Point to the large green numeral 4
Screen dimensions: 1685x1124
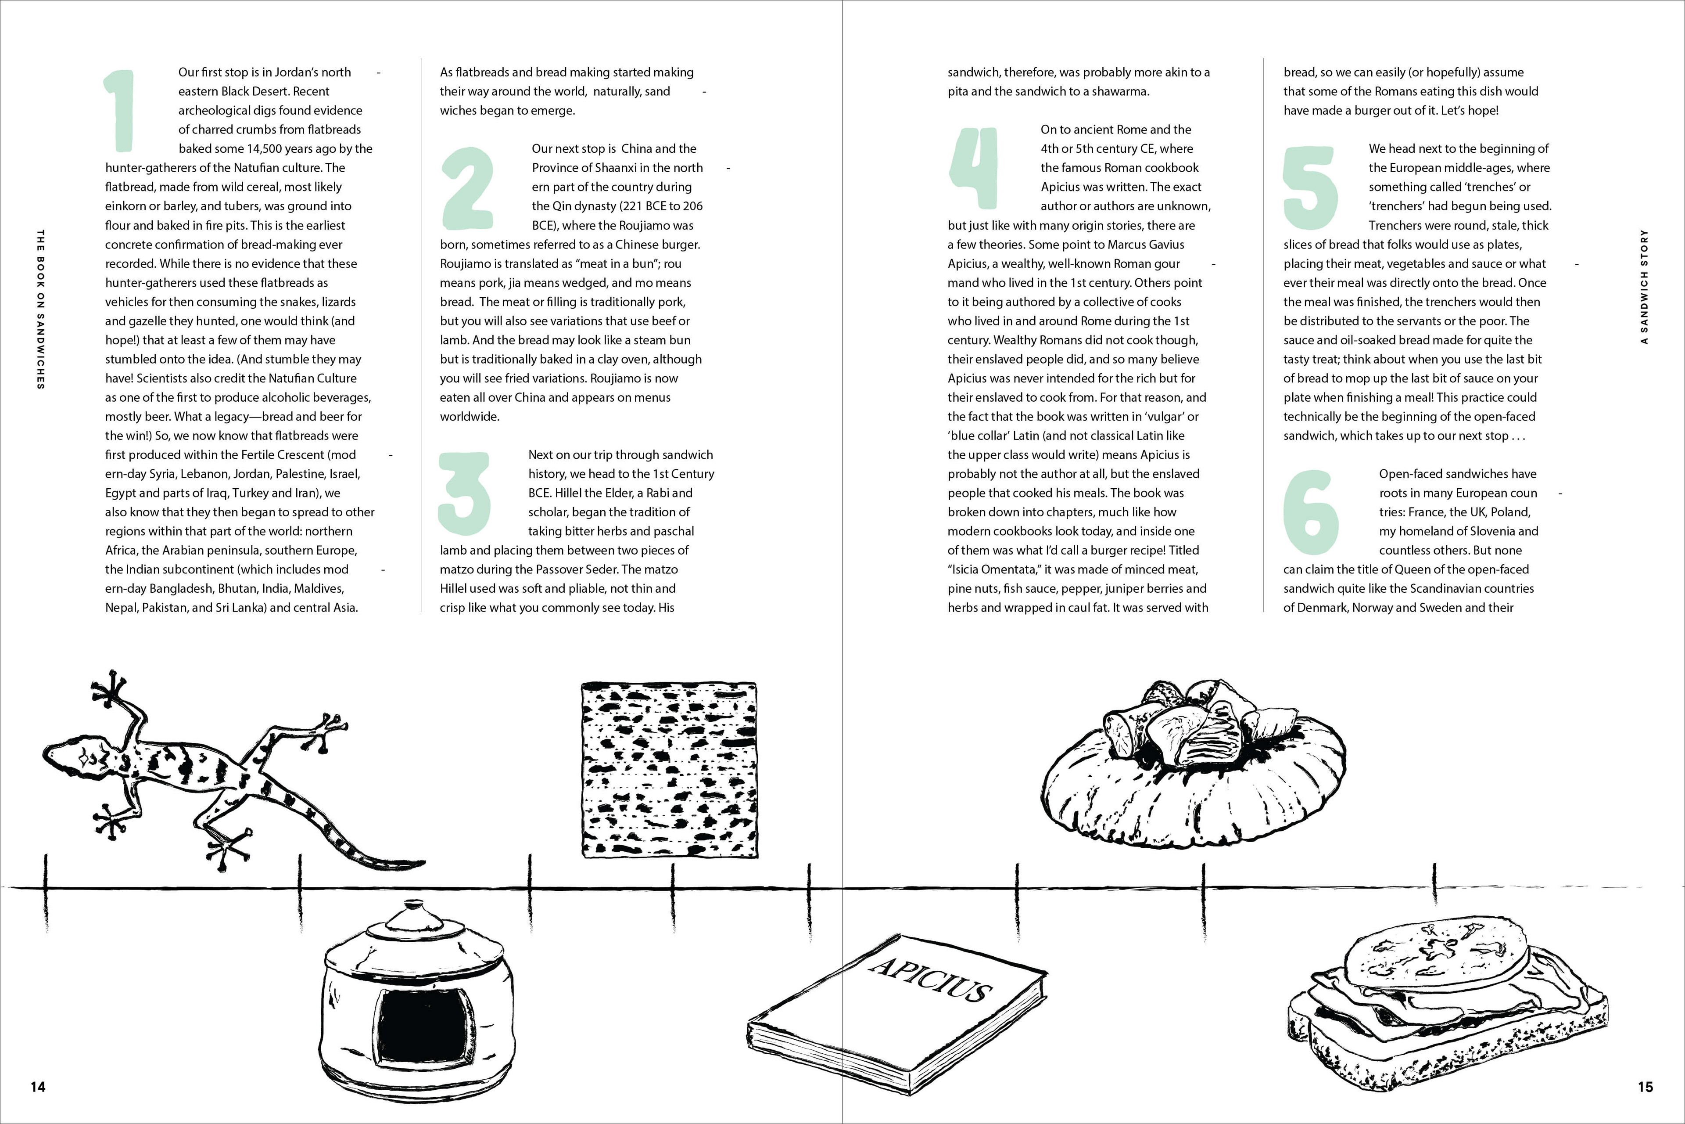[x=973, y=169]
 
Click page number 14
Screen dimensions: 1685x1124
[x=38, y=1087]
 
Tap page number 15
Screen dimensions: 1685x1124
[x=1646, y=1087]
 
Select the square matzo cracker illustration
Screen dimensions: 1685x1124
[x=668, y=769]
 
